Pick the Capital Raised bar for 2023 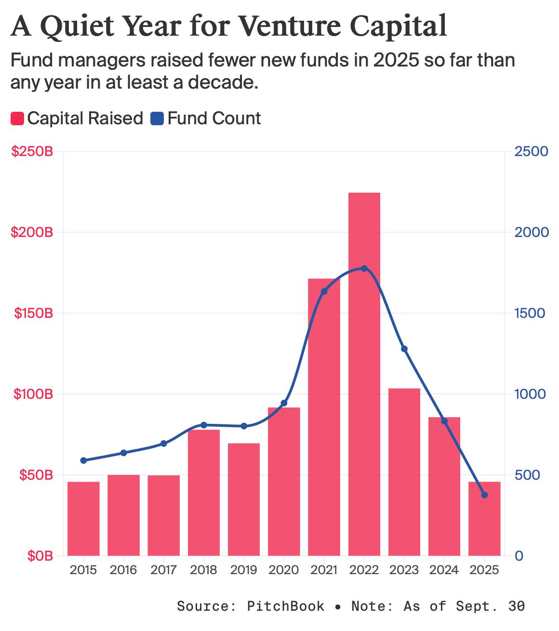[404, 472]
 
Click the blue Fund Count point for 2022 [364, 268]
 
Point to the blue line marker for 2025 [484, 495]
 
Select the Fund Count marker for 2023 [404, 349]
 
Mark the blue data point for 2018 [203, 425]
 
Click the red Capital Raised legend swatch [17, 118]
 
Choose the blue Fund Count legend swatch [157, 118]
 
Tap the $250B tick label [32, 151]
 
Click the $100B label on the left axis [32, 394]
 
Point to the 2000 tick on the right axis [531, 232]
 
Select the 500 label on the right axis [527, 475]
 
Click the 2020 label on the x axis [284, 570]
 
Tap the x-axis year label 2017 [163, 570]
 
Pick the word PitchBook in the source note [286, 606]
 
